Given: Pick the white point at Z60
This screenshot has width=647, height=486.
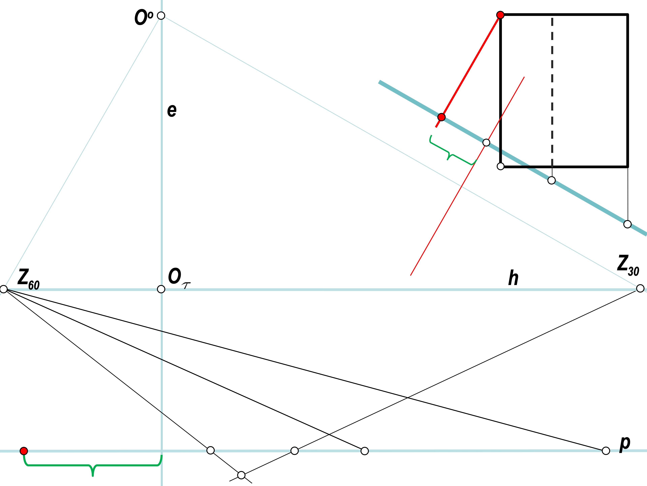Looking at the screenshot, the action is [x=4, y=289].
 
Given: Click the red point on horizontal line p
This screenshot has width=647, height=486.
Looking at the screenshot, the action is [x=24, y=451].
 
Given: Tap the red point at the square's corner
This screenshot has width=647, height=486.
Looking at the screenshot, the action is [x=500, y=15].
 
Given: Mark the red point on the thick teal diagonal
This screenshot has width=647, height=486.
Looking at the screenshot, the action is [x=441, y=117].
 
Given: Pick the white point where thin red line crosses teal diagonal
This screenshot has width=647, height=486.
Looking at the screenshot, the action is [x=486, y=143].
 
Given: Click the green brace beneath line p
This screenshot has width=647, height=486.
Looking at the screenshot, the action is [x=93, y=465].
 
